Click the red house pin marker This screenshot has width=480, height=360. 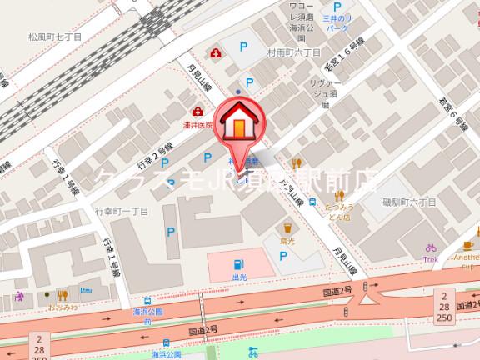coord(238,126)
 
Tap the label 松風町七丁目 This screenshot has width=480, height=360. coord(55,37)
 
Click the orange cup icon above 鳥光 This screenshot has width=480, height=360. coord(287,225)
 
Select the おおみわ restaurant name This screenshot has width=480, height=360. coord(62,307)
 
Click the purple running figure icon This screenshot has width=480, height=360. coord(18,297)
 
